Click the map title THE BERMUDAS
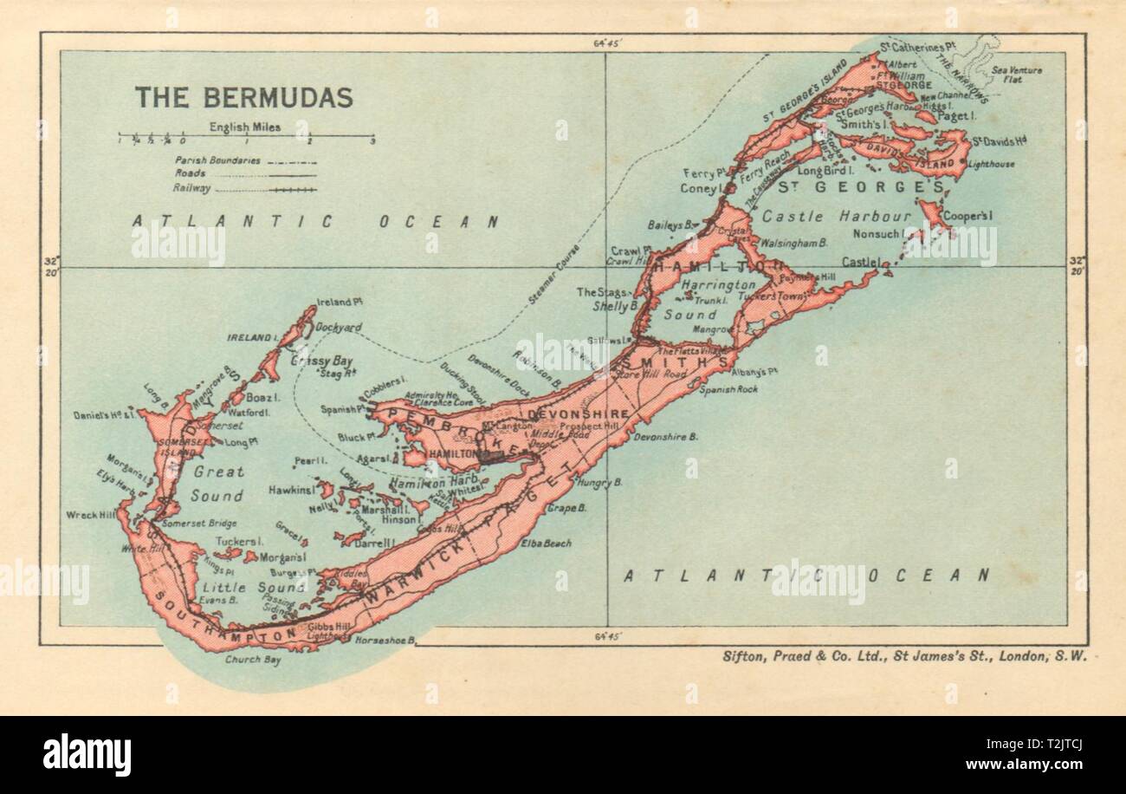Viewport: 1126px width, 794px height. (x=243, y=97)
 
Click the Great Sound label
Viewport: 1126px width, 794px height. (x=218, y=485)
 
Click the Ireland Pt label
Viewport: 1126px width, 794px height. (x=339, y=302)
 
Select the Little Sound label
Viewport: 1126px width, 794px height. (x=262, y=587)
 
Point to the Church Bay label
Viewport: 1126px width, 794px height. (x=250, y=659)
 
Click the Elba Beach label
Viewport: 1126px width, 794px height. (x=546, y=543)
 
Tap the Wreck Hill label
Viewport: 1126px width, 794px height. (x=90, y=515)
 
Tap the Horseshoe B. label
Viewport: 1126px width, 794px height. (x=385, y=641)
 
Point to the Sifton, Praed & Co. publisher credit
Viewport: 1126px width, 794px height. (x=904, y=656)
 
